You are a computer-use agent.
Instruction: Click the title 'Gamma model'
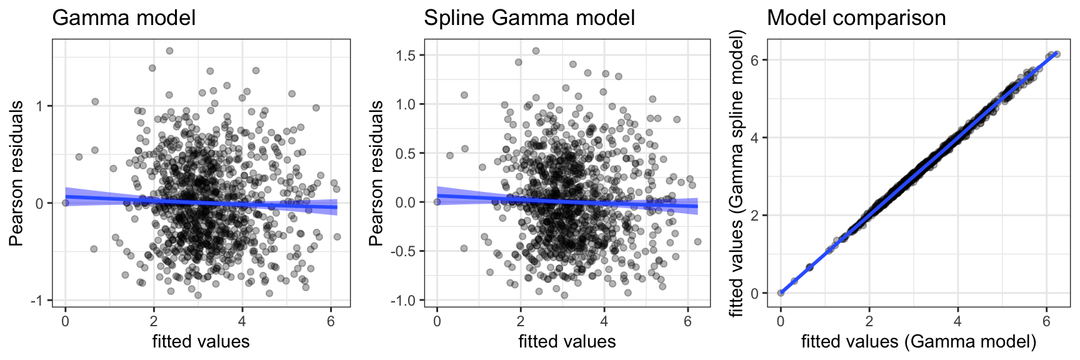click(124, 17)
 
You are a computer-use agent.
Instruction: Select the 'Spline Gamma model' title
click(529, 17)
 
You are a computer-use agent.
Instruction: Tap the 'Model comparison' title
click(856, 17)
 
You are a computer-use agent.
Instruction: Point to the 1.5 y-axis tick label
click(406, 56)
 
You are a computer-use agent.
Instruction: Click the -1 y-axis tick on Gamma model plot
click(39, 301)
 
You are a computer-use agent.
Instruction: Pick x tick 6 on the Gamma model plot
click(331, 321)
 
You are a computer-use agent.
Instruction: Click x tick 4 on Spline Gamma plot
click(604, 321)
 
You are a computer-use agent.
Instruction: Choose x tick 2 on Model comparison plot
click(869, 321)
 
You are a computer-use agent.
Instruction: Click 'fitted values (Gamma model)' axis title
click(919, 341)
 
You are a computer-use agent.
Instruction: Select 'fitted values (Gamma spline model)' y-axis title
click(738, 172)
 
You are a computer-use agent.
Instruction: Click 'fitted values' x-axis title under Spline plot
click(567, 341)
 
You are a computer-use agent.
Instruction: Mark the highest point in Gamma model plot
click(169, 51)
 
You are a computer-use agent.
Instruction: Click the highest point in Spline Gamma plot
click(536, 51)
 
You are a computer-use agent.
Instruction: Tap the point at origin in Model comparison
click(781, 292)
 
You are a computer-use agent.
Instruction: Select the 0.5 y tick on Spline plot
click(406, 153)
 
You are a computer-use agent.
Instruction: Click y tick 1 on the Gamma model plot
click(39, 106)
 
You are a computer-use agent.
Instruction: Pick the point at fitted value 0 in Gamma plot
click(66, 202)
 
